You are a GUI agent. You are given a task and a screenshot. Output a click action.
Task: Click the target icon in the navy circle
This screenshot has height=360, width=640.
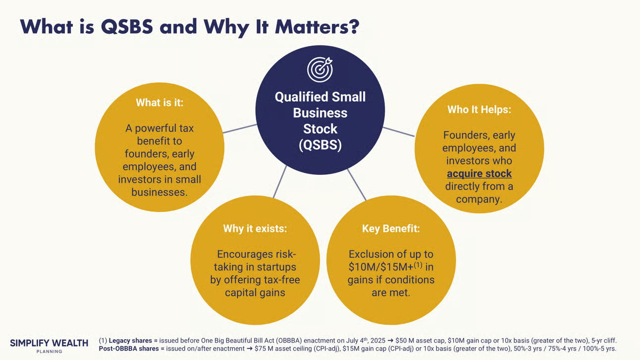coord(320,69)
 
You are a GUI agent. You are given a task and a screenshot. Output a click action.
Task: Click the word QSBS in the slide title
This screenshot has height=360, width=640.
coord(127,27)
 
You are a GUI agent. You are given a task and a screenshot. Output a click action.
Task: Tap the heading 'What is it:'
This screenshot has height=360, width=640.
coord(160,103)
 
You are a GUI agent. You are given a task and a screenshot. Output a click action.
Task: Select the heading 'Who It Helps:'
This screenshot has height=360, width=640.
coord(479,109)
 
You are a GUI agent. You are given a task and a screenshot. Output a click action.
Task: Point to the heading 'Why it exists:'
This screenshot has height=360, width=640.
coord(255,229)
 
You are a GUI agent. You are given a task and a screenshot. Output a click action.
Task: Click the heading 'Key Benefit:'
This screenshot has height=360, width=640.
coord(391,229)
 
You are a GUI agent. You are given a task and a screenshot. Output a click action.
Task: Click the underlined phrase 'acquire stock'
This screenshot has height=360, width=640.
coord(479,174)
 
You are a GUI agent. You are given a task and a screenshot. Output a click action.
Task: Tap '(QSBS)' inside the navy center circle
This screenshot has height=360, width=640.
coord(320,145)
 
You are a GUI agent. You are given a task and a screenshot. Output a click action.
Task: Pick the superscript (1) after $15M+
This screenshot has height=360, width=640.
coord(418,265)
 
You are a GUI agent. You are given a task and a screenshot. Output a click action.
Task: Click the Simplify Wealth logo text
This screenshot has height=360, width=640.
coord(49,343)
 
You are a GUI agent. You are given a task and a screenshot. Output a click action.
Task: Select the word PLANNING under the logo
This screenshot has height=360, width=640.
coord(49,352)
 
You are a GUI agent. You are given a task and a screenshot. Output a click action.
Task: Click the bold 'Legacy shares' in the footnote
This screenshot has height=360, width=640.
coord(130,341)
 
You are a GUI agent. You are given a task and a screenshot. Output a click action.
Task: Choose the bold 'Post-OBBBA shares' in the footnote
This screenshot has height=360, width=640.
coord(129,349)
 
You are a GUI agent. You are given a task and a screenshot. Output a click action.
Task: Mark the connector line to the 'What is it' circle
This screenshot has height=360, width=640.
coord(240,129)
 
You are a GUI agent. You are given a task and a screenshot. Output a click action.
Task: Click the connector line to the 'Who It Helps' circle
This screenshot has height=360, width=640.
coord(398,132)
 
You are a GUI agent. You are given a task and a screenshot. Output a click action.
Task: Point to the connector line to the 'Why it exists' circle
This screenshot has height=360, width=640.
coord(280,182)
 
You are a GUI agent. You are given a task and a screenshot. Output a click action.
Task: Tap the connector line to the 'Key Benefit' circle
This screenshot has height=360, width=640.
coord(357,185)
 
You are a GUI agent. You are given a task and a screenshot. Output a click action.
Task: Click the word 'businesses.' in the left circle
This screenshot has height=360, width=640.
coord(160,192)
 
